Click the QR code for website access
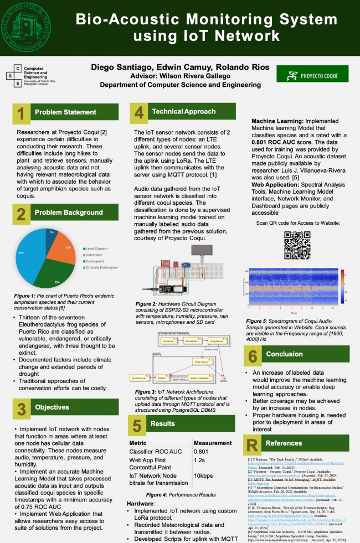click(296, 244)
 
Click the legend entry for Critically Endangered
click(102, 267)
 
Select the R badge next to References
click(253, 443)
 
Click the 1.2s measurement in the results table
click(199, 459)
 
